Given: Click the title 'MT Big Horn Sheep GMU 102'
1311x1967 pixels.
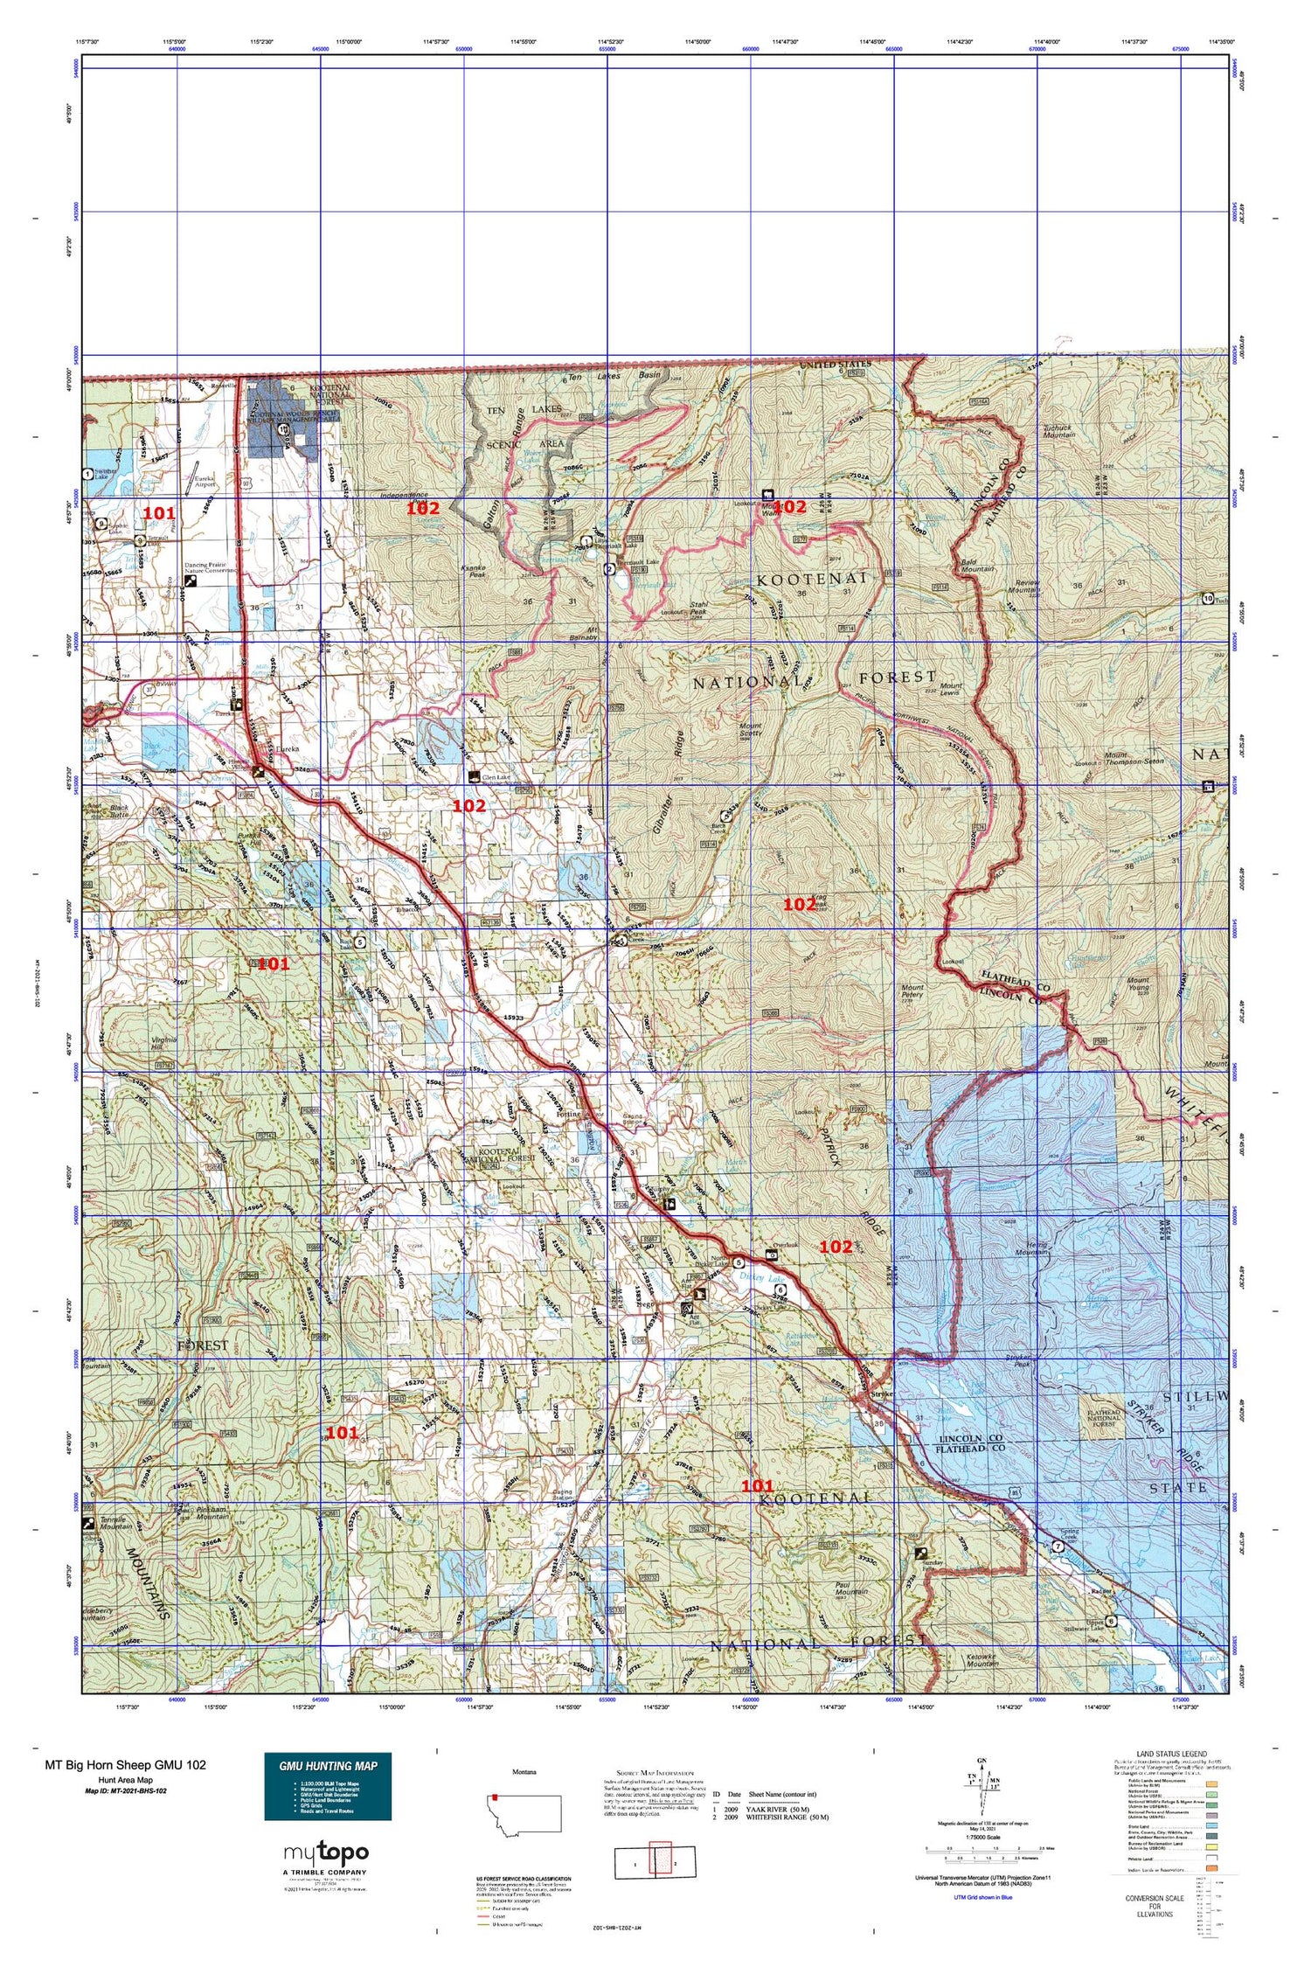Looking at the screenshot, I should pos(126,1764).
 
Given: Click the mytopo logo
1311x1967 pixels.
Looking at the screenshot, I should pos(325,1852).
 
